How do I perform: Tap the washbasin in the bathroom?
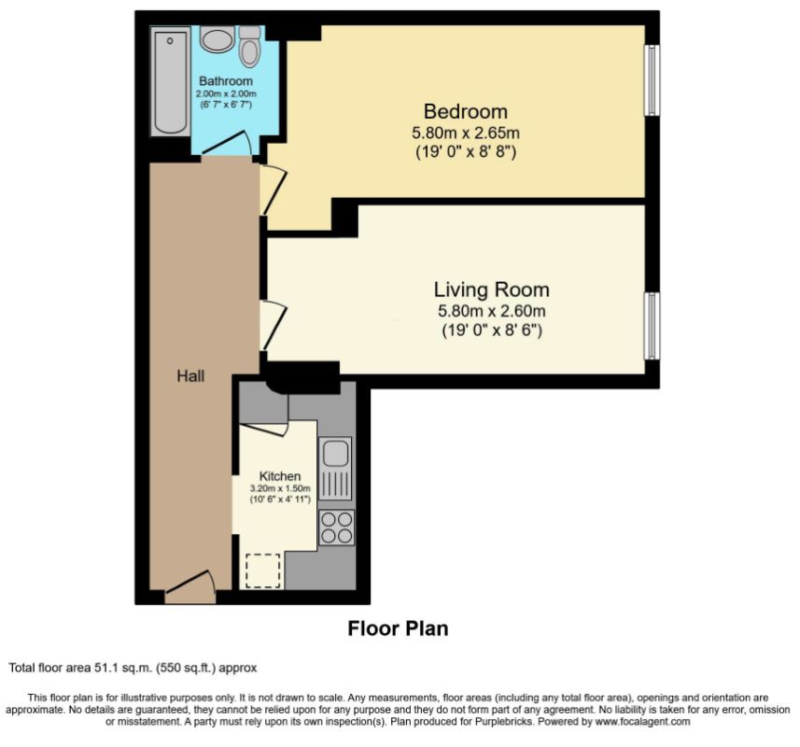point(217,40)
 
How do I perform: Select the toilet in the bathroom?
point(249,47)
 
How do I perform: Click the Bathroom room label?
point(226,82)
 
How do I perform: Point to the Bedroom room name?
point(466,111)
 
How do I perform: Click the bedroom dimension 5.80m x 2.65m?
point(466,133)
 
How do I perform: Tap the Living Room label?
point(491,289)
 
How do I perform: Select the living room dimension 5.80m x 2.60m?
point(491,312)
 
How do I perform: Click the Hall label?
point(190,376)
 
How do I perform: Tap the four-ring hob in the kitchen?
point(335,527)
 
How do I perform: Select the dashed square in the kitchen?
point(262,570)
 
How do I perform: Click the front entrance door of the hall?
point(189,588)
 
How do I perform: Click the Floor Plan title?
point(398,628)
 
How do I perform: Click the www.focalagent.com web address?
point(643,722)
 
